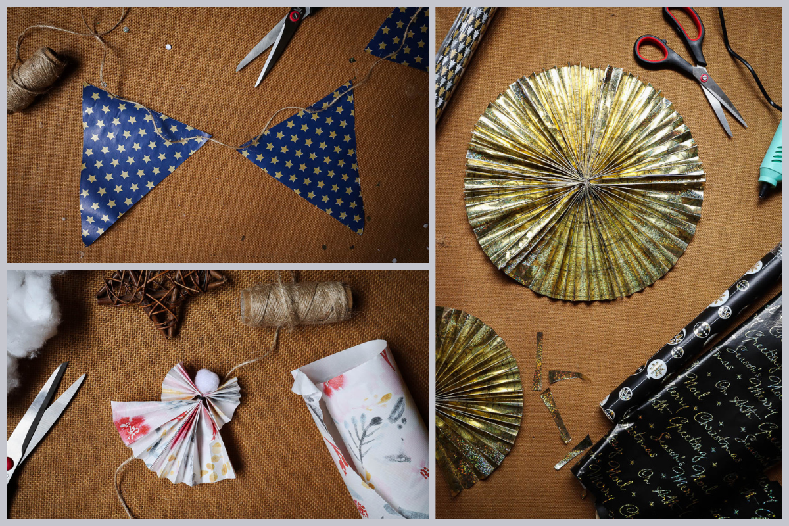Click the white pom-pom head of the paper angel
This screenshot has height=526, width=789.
[206, 379]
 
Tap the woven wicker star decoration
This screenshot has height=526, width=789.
[158, 296]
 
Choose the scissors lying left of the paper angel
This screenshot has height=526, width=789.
[39, 414]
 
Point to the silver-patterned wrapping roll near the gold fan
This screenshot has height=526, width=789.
[460, 53]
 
